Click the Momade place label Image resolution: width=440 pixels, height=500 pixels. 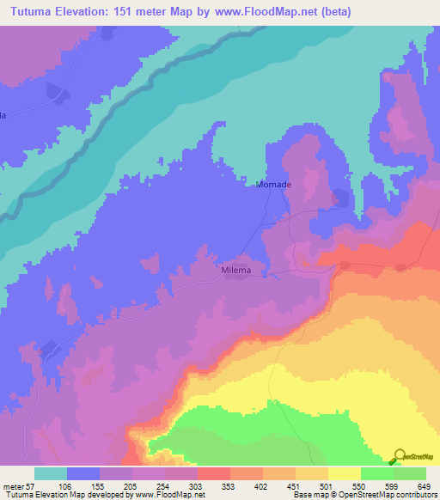tap(273, 185)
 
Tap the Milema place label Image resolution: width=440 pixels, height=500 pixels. tap(235, 270)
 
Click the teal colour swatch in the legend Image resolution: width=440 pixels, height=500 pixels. tap(51, 473)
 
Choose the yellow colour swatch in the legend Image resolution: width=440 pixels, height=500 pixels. tap(344, 473)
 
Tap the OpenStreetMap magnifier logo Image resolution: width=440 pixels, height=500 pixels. tap(400, 455)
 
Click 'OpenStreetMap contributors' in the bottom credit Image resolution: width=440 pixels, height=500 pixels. tap(386, 495)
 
